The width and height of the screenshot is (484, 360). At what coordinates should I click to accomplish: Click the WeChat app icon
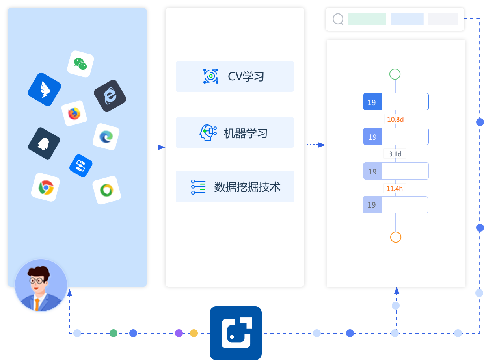80,64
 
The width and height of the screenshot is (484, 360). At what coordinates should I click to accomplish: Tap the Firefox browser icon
74,113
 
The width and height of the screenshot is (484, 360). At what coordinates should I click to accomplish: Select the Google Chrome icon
46,187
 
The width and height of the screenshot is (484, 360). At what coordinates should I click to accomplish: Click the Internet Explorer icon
110,96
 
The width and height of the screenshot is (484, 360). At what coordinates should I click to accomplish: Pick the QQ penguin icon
44,143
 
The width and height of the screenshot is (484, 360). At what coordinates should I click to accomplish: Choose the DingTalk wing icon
44,89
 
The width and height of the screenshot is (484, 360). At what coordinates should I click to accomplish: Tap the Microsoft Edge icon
106,137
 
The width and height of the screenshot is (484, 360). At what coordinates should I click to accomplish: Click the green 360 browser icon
106,190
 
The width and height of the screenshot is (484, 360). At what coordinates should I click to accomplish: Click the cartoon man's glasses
37,280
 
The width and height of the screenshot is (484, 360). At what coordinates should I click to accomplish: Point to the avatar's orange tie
37,304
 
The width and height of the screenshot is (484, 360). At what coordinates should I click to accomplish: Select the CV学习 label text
246,76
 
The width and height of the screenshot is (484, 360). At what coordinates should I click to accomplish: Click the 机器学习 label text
246,133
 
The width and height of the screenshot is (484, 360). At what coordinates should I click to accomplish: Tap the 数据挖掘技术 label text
247,187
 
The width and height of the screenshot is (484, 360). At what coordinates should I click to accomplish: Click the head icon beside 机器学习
208,133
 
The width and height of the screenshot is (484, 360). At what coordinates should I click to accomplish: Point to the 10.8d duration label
395,119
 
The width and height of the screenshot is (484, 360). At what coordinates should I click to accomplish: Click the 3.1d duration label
395,154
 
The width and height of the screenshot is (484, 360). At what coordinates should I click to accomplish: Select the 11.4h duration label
395,189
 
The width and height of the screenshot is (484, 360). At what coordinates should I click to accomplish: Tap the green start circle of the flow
395,74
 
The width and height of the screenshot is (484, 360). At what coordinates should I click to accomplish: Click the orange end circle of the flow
395,237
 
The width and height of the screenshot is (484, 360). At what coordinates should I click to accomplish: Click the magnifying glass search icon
338,19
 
